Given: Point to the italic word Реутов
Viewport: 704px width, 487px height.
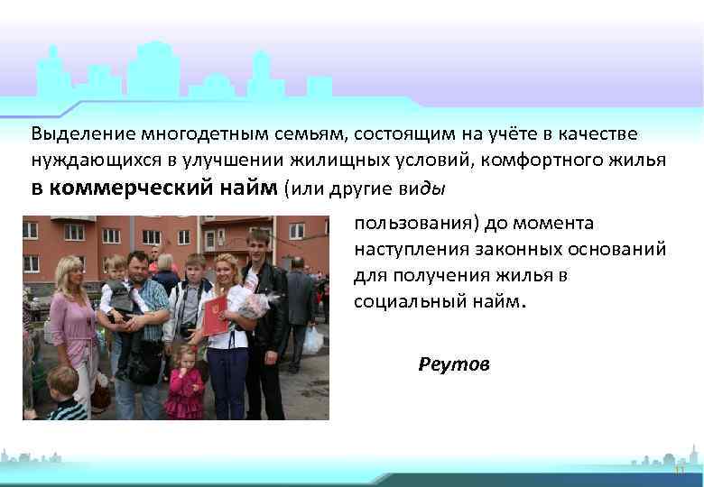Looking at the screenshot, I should tap(454, 364).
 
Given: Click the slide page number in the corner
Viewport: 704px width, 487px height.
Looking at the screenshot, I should tap(679, 471).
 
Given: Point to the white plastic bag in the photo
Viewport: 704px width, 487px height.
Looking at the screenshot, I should tap(313, 339).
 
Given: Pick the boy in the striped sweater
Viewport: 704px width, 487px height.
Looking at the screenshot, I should tap(65, 397).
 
